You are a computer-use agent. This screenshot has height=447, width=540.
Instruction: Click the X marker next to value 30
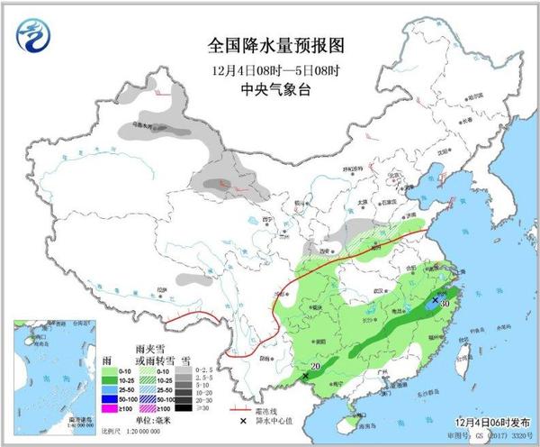[436, 300]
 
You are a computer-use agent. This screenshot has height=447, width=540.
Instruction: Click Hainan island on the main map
[347, 417]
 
